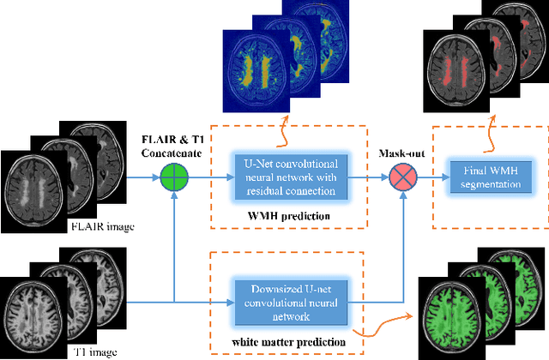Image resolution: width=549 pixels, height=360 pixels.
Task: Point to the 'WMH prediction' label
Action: (x=287, y=216)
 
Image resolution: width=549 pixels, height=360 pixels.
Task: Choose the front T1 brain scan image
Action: (x=34, y=309)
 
